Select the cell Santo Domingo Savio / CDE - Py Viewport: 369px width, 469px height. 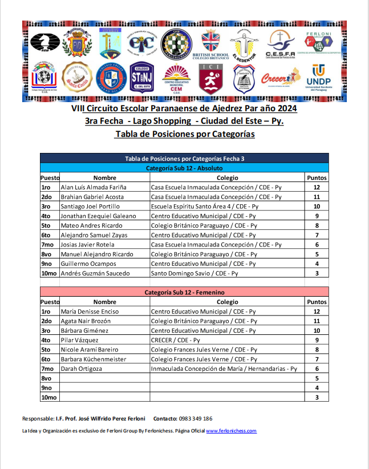194,273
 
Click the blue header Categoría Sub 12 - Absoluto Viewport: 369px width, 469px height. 184,168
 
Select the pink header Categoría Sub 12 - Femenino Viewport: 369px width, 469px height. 184,292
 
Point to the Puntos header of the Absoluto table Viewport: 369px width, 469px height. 317,177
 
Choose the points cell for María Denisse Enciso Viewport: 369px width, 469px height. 317,312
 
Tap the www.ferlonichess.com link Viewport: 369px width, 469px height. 231,431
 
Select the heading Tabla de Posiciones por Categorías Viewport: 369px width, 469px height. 184,134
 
